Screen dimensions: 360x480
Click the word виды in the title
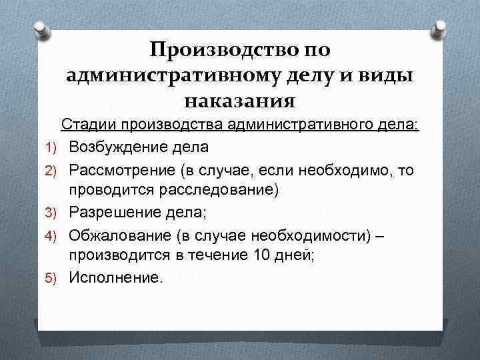point(385,76)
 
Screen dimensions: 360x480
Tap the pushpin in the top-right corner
point(440,29)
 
